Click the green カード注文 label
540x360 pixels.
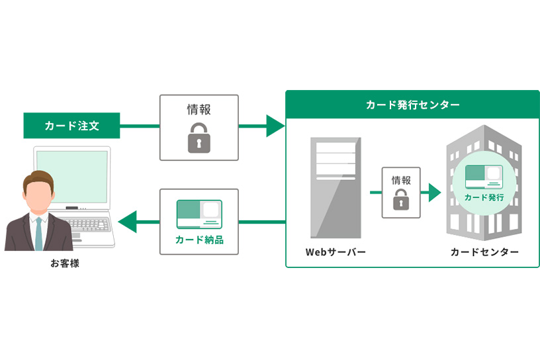click(71, 126)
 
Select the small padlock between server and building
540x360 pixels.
click(400, 201)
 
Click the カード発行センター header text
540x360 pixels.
click(412, 105)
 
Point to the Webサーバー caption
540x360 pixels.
click(336, 252)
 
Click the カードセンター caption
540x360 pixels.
click(484, 252)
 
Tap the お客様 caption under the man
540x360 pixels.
click(65, 263)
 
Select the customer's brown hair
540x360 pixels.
click(39, 179)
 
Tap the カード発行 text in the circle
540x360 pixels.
click(484, 197)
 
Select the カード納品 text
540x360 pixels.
click(199, 240)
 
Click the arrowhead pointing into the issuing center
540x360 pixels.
click(275, 126)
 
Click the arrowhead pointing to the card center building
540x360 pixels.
click(435, 193)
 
